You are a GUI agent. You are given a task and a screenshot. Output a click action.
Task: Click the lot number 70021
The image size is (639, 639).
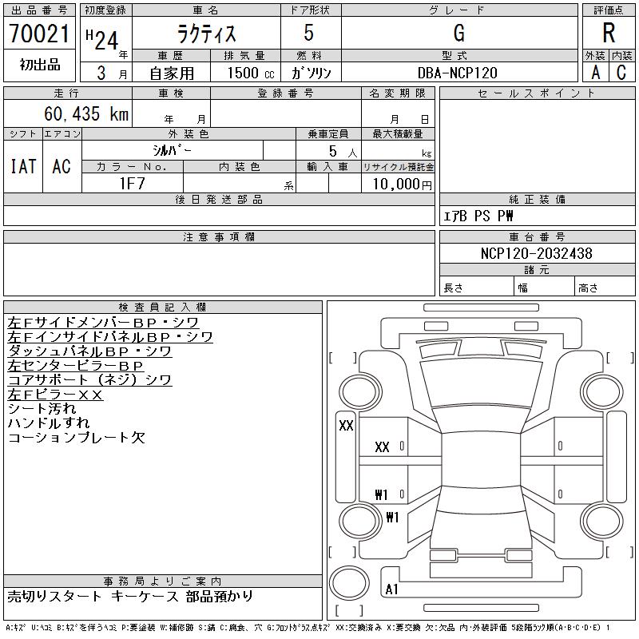[40, 34]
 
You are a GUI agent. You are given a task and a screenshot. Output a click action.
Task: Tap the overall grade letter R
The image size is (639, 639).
[609, 34]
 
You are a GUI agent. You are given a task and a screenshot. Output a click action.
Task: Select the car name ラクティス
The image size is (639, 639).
[205, 34]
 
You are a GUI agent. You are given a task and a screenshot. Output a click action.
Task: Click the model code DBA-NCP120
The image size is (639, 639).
[458, 73]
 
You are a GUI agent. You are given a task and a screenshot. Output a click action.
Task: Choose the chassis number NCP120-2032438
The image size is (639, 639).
[537, 254]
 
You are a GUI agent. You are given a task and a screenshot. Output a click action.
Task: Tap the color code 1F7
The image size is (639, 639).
[132, 184]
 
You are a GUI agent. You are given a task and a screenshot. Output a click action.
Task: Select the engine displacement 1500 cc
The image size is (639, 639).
[249, 73]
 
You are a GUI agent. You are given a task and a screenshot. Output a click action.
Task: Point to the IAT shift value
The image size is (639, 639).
[23, 166]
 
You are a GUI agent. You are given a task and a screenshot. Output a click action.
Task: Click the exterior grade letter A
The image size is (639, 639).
[595, 73]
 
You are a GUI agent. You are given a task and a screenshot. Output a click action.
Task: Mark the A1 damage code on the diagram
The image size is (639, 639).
[391, 590]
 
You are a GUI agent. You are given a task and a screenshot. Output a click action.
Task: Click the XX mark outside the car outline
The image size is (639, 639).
[346, 426]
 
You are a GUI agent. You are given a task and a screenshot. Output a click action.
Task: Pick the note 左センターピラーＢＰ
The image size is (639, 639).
[76, 365]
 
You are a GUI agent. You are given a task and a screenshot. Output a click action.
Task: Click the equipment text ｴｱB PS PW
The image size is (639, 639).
[478, 216]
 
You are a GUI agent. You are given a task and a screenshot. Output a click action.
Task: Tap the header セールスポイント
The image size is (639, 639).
[536, 93]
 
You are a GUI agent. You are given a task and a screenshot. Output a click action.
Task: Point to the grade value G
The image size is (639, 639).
[458, 34]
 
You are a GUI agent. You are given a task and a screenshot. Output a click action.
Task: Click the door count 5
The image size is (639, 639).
[309, 34]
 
